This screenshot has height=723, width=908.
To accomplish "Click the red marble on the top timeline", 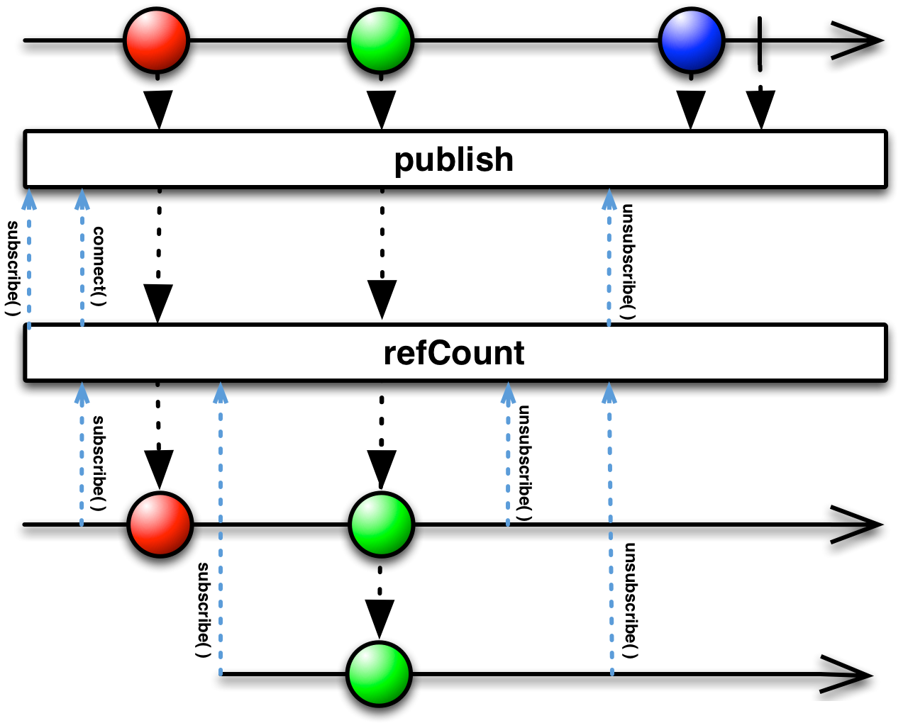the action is [x=156, y=40].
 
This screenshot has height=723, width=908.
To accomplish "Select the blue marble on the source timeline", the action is [x=691, y=40].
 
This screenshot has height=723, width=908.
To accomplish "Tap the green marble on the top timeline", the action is [x=380, y=40].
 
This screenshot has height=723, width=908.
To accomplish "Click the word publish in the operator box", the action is [x=453, y=161].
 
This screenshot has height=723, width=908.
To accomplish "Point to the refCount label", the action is [x=453, y=353].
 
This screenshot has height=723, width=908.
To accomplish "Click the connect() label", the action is [x=99, y=267].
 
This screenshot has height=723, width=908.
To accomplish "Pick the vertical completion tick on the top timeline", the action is [x=760, y=44].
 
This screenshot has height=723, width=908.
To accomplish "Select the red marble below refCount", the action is [x=160, y=524].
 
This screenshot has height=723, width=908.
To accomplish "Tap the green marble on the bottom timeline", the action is [x=379, y=673].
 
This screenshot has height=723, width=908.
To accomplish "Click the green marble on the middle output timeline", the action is [x=382, y=524].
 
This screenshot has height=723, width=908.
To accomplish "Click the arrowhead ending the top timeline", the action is [x=856, y=40].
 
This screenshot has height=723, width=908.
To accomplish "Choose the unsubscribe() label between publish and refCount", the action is [x=627, y=262].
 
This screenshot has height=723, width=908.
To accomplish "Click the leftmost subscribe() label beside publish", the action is [x=13, y=268].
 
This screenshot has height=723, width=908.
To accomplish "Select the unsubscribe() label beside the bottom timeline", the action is [x=631, y=600].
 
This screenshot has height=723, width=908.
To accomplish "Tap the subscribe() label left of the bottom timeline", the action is [x=203, y=610].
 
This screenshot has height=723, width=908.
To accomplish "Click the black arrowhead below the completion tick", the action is [x=760, y=109].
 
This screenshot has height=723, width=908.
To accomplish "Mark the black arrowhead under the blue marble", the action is [x=691, y=109].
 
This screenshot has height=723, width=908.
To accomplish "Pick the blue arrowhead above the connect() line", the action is [x=82, y=199].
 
